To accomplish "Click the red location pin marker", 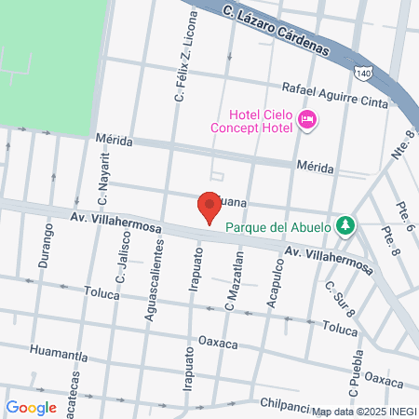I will click(x=209, y=208).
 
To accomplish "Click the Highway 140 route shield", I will click(x=362, y=72).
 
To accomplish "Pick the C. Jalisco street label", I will click(x=121, y=261).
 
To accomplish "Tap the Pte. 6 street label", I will click(x=407, y=213).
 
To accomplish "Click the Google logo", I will click(x=32, y=407).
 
